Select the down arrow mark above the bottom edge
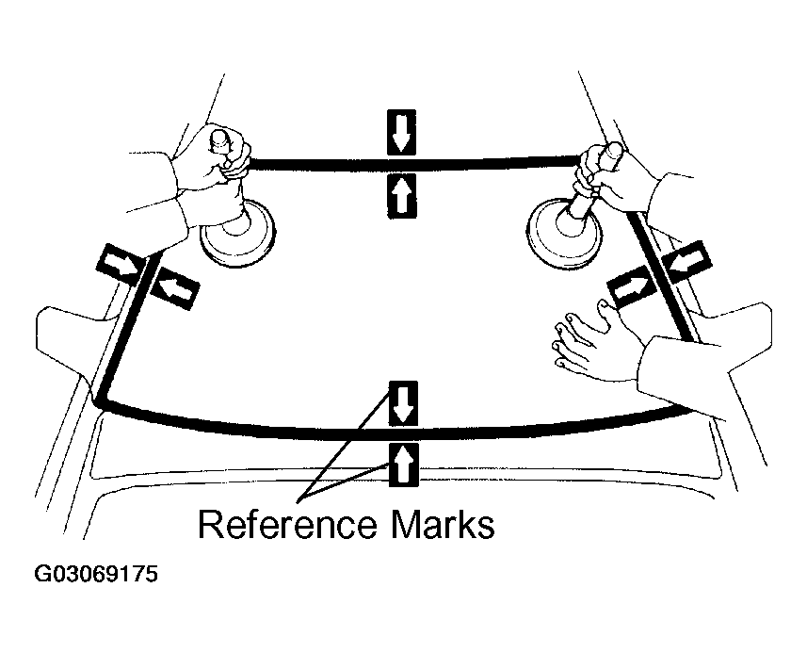click(402, 403)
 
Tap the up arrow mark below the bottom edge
click(402, 465)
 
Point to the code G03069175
click(96, 574)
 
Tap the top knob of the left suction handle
click(222, 139)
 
